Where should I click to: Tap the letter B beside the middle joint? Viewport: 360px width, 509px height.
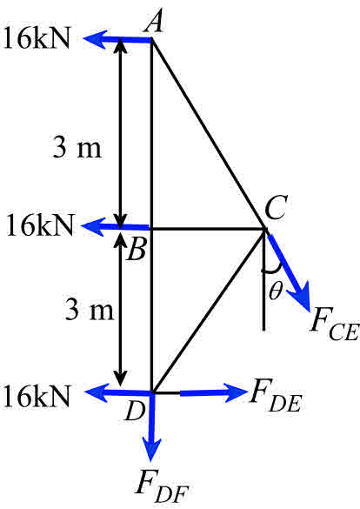136,252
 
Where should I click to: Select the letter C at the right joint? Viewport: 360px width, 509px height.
277,209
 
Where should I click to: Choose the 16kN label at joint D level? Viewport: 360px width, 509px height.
43,393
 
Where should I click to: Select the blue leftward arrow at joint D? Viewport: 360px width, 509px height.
120,393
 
